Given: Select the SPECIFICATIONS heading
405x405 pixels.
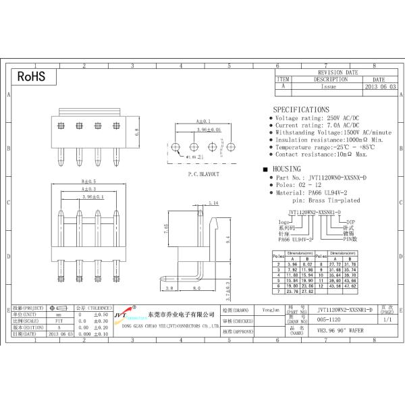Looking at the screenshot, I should click(301, 109).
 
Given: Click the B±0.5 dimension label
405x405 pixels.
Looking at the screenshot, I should click(89, 182).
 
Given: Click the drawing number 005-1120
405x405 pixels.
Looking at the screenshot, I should click(329, 320).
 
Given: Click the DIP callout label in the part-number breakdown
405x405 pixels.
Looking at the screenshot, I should click(350, 221).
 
